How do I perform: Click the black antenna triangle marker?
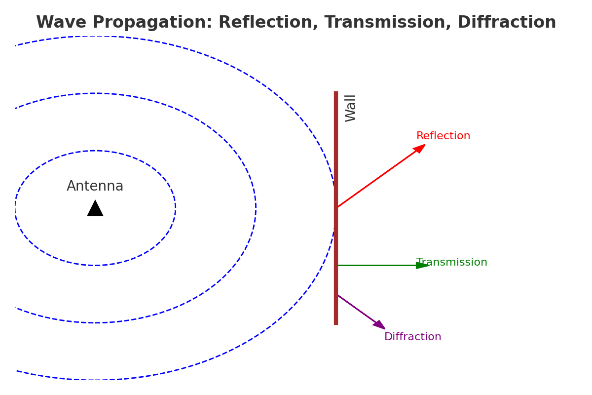(x=95, y=209)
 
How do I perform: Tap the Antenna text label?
(x=95, y=187)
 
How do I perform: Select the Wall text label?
(x=351, y=108)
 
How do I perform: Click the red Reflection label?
(x=443, y=136)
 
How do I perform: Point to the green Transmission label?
(x=452, y=263)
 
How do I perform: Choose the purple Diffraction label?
(x=412, y=337)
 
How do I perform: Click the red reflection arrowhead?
(x=420, y=148)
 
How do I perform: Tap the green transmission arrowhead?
(x=423, y=266)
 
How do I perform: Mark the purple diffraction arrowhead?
(x=379, y=325)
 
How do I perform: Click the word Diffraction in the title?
(x=507, y=23)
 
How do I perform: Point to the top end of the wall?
(x=336, y=92)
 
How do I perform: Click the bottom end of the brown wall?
(x=336, y=323)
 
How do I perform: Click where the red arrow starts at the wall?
(x=337, y=207)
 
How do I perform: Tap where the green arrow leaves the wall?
(x=338, y=266)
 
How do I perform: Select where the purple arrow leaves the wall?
(x=338, y=295)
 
